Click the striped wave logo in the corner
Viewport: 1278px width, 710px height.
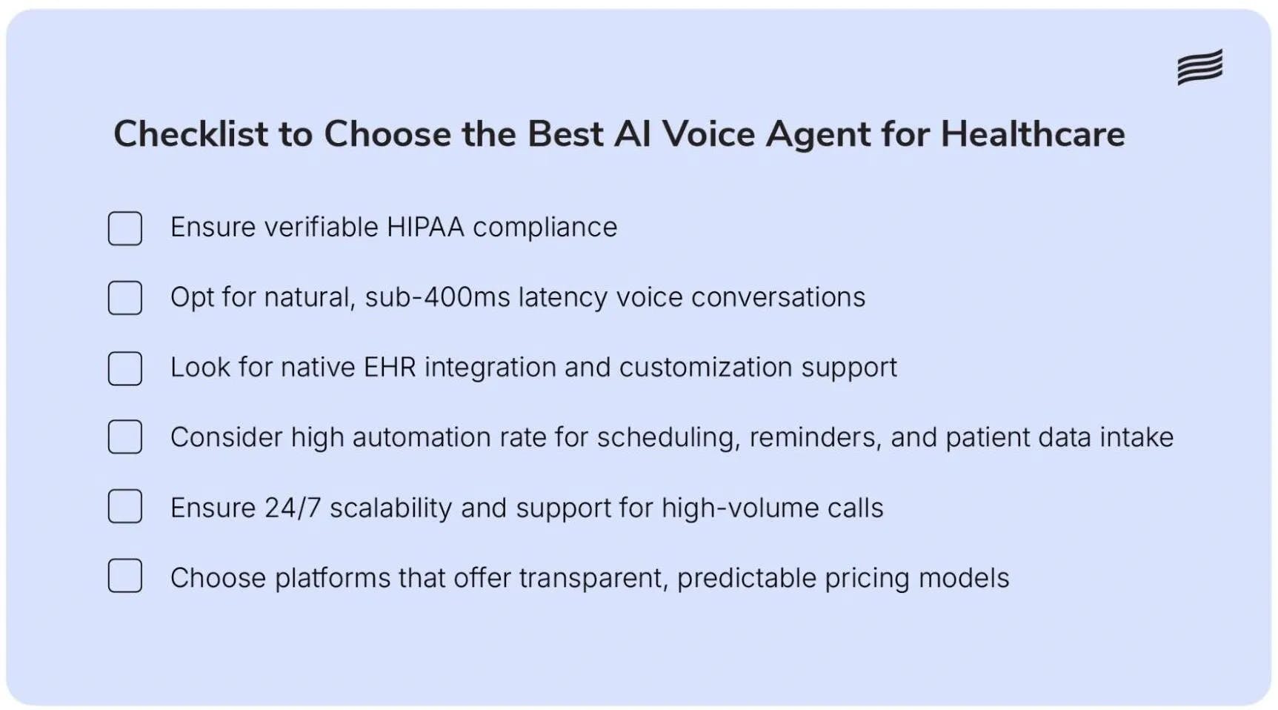click(1199, 67)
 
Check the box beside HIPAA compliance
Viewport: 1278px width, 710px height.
click(125, 228)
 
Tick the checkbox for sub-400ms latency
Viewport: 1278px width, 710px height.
click(125, 298)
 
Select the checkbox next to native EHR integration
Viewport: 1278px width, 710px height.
click(125, 368)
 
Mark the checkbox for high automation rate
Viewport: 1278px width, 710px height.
click(125, 437)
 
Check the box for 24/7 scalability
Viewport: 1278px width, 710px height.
click(125, 507)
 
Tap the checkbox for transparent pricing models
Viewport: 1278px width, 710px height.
click(125, 576)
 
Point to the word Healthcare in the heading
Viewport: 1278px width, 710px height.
click(1033, 134)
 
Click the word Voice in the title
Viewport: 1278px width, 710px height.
click(708, 134)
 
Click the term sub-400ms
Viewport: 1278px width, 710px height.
click(437, 297)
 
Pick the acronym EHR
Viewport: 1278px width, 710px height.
click(390, 367)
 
